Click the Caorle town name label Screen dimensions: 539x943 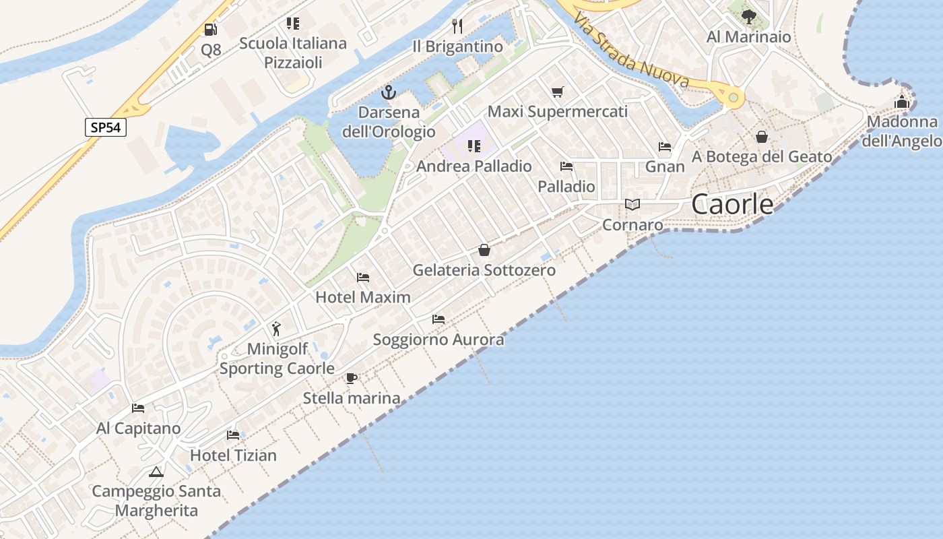(x=732, y=204)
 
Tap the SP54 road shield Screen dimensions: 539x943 (x=106, y=127)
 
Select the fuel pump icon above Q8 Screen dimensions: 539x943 (x=211, y=30)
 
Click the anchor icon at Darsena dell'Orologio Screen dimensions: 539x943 (x=389, y=93)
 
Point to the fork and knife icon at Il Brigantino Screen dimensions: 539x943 (x=457, y=26)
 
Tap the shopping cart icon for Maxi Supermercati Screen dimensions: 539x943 (x=557, y=92)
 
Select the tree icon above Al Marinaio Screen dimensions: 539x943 (x=748, y=17)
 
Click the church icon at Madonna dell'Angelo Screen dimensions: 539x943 (x=902, y=102)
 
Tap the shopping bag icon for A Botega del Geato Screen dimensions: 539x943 (x=762, y=137)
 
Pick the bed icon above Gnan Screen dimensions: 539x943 (x=665, y=146)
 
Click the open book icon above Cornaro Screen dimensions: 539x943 (x=632, y=204)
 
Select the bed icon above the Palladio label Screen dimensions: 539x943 (x=566, y=166)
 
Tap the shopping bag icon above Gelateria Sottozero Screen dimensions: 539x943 (x=484, y=251)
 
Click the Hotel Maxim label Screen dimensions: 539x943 (x=362, y=297)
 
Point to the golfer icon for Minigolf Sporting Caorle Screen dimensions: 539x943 (x=276, y=329)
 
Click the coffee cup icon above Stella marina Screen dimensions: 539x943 (x=351, y=378)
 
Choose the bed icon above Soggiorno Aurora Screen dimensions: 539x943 (x=438, y=319)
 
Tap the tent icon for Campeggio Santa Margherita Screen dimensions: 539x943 (x=156, y=472)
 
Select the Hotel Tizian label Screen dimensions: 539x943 (x=233, y=455)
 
